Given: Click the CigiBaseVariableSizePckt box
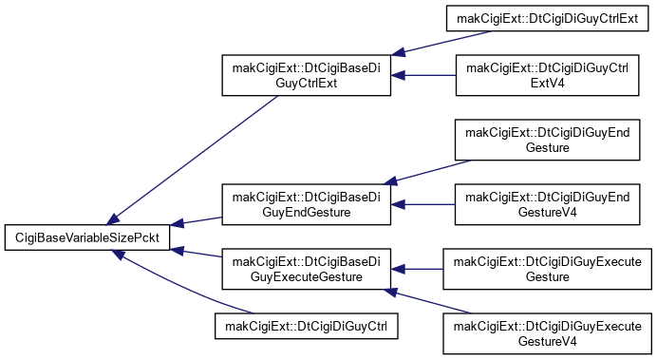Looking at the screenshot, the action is click(87, 237).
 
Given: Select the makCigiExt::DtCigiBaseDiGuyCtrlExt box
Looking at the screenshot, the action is click(307, 75).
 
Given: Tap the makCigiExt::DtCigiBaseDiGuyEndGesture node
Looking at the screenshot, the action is click(307, 204).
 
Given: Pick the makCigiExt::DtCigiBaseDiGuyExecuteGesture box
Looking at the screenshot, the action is click(307, 269).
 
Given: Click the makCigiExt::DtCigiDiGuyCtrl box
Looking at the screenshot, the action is click(307, 326).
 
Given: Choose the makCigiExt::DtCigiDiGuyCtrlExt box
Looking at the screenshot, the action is click(547, 18).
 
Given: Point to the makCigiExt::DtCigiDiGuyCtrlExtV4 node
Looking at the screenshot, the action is click(547, 75).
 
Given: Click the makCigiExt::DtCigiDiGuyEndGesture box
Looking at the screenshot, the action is click(547, 140).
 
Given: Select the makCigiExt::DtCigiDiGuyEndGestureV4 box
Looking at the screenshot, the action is click(547, 204).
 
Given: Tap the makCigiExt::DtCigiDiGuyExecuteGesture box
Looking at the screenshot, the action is click(547, 269).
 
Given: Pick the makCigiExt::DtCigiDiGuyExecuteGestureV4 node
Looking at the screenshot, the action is click(547, 333).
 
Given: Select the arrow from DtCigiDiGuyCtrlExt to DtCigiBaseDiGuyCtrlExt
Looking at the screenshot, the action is click(441, 43).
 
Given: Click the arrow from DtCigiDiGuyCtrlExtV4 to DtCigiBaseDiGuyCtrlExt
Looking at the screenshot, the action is click(423, 75).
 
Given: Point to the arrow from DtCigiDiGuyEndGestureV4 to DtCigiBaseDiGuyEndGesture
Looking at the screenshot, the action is click(422, 204).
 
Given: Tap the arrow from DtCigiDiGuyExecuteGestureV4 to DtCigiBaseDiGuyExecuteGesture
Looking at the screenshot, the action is click(428, 301).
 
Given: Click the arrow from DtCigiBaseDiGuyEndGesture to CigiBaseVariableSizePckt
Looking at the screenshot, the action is click(197, 221).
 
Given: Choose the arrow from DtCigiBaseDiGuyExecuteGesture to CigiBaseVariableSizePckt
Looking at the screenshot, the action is click(197, 253).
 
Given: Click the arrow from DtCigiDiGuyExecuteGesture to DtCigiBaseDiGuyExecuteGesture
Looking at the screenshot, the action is click(417, 269).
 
